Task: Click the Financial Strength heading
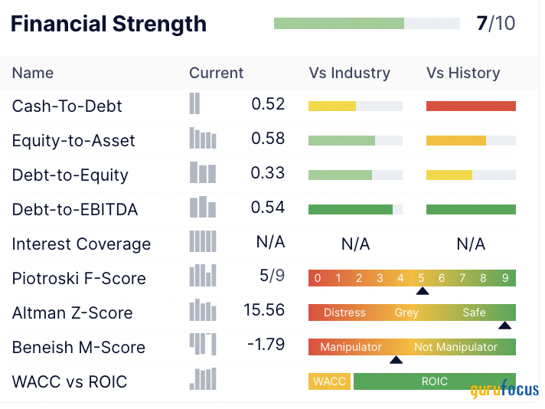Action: pos(109,24)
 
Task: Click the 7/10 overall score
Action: pos(495,24)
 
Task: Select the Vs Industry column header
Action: pos(349,74)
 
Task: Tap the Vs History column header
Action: pos(463,74)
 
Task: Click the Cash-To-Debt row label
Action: pos(67,106)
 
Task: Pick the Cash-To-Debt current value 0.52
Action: pos(268,104)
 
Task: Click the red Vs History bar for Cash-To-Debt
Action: pos(471,106)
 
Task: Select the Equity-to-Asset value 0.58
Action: pos(268,139)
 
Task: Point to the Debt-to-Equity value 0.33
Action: pos(268,173)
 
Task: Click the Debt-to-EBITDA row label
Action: pos(75,209)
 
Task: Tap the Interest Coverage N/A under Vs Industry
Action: pos(355,244)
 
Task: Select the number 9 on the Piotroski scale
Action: pos(505,278)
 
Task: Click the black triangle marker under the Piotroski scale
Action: pos(422,291)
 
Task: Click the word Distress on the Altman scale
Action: pos(344,312)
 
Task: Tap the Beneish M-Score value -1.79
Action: pos(266,345)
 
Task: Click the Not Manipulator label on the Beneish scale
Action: pos(455,347)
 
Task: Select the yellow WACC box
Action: pos(329,381)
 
